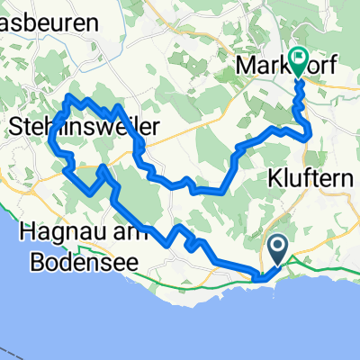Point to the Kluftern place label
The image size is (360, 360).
310,179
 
